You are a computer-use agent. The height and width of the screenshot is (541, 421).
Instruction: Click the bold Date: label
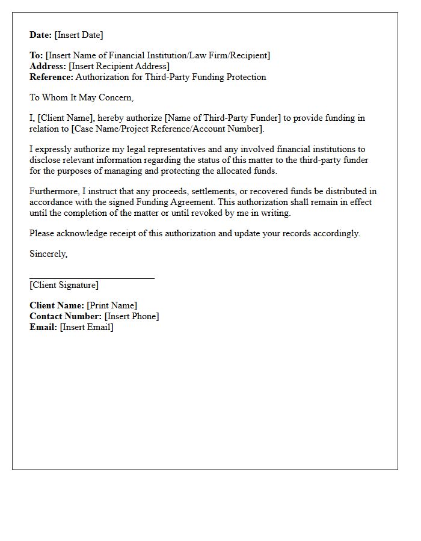pyautogui.click(x=41, y=35)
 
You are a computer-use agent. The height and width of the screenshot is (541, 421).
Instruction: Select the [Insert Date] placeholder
pyautogui.click(x=79, y=35)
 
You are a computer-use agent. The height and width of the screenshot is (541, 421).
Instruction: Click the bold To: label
pyautogui.click(x=36, y=55)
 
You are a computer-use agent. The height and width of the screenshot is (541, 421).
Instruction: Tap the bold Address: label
pyautogui.click(x=48, y=66)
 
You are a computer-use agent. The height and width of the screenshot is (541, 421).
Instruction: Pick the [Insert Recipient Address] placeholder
pyautogui.click(x=119, y=66)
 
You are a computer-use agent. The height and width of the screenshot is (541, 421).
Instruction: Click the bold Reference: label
pyautogui.click(x=52, y=77)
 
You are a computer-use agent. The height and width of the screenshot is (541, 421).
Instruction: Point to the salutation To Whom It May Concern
pyautogui.click(x=81, y=97)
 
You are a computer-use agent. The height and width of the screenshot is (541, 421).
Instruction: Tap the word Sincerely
pyautogui.click(x=48, y=254)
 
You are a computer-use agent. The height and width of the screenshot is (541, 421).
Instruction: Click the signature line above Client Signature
pyautogui.click(x=92, y=278)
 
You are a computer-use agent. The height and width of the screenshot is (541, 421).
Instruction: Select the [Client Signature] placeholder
pyautogui.click(x=64, y=285)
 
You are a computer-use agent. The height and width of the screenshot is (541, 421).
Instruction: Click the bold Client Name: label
pyautogui.click(x=57, y=305)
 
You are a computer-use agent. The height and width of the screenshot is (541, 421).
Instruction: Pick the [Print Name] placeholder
pyautogui.click(x=112, y=305)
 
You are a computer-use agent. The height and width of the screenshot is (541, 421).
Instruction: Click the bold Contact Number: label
pyautogui.click(x=66, y=316)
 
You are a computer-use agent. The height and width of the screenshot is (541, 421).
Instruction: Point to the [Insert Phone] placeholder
pyautogui.click(x=132, y=316)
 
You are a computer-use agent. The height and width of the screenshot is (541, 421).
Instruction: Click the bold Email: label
pyautogui.click(x=43, y=327)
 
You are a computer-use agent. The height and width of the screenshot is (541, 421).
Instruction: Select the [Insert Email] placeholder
pyautogui.click(x=87, y=327)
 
